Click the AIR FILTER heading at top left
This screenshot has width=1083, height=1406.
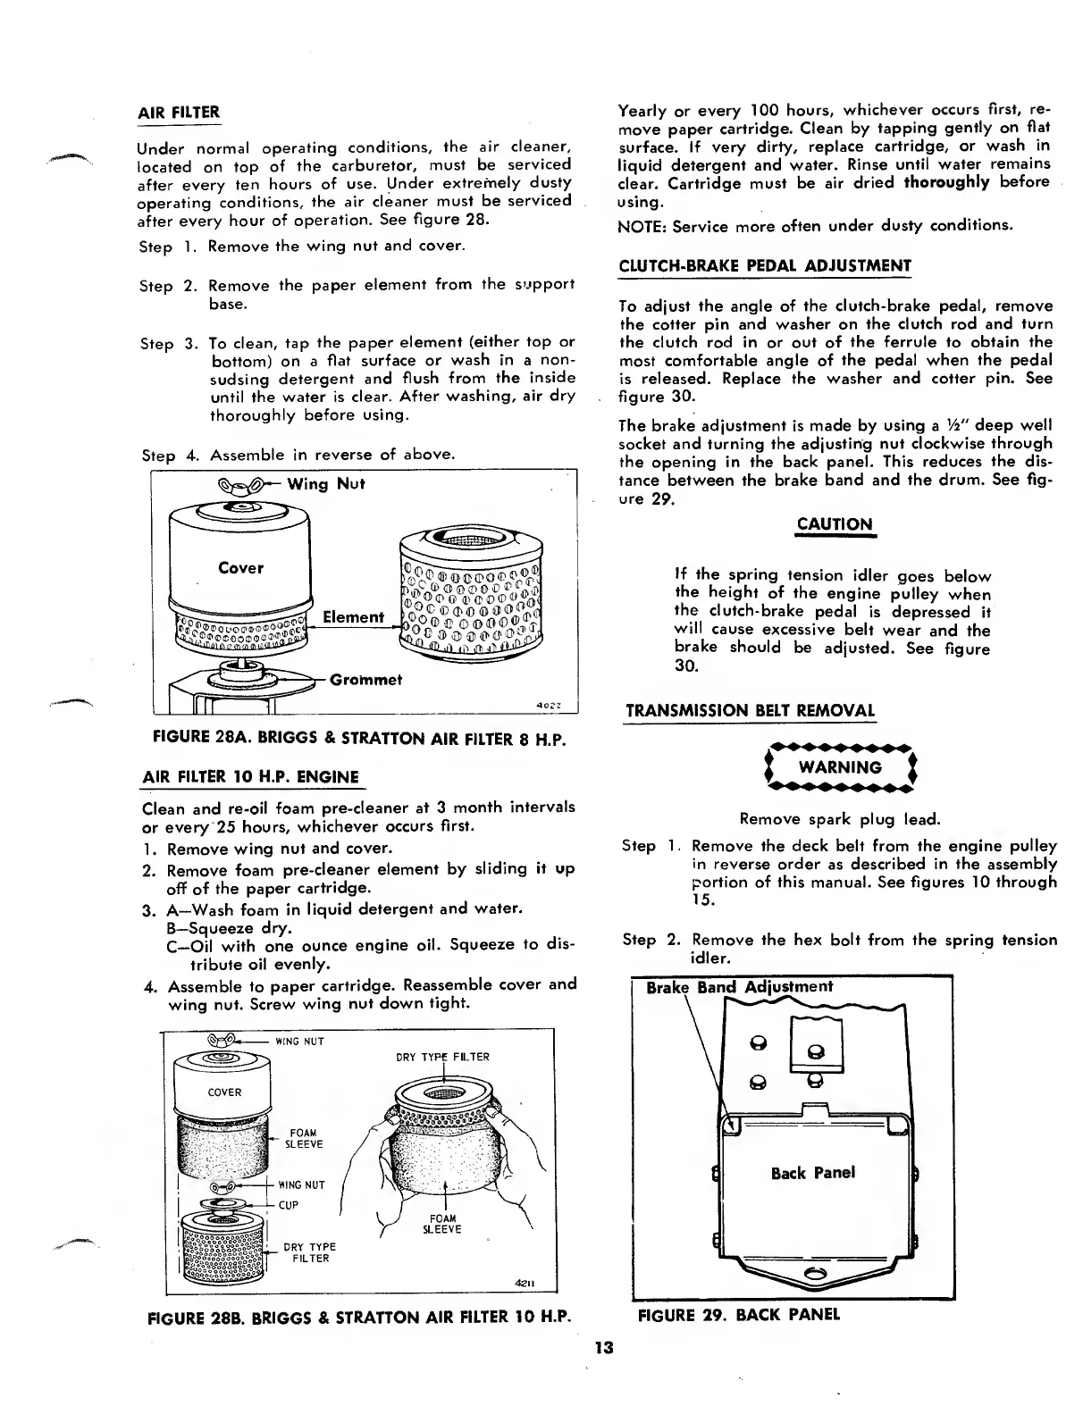pos(178,113)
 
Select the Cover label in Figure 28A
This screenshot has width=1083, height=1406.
pos(240,567)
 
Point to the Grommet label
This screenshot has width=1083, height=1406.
pos(365,679)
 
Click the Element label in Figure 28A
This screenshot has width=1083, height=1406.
pos(353,616)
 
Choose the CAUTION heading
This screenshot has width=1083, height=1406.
pos(834,523)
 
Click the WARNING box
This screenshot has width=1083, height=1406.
pos(838,767)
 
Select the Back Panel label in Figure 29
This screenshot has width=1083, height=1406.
pos(812,1172)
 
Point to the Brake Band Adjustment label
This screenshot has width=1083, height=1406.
pos(739,986)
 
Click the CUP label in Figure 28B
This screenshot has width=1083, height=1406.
pos(288,1205)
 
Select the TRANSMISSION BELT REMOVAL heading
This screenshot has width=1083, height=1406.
pos(750,711)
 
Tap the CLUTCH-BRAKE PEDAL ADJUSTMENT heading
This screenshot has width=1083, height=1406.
pos(765,265)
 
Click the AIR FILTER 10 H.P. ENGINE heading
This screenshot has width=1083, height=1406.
pos(250,776)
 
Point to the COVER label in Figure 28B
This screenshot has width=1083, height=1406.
pos(224,1092)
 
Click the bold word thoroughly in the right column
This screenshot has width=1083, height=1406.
pos(946,182)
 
